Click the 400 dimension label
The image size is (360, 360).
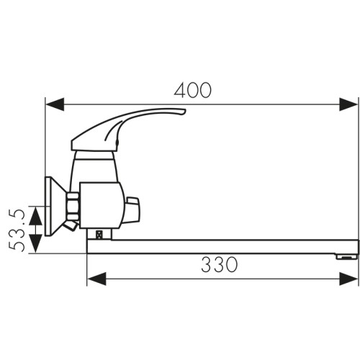pos(193,91)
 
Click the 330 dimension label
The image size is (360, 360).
pos(220,265)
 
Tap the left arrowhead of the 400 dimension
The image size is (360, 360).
pos(55,104)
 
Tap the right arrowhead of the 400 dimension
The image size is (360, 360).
pos(348,104)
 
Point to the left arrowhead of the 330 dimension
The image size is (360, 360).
pos(96,279)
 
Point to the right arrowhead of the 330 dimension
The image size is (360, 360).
pos(348,279)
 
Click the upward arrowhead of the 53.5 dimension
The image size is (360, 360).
pos(35,216)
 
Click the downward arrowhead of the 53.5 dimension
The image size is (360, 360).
pos(35,243)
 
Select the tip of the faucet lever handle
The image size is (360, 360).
pos(184,111)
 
